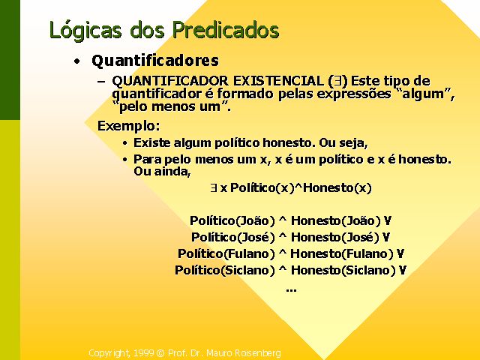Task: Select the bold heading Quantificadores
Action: pyautogui.click(x=155, y=60)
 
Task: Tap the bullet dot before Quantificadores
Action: pyautogui.click(x=76, y=61)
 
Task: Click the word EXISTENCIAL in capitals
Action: pyautogui.click(x=278, y=81)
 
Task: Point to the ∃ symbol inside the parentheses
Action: pyautogui.click(x=337, y=81)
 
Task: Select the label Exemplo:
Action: pyautogui.click(x=129, y=126)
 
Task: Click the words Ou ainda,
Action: pyautogui.click(x=162, y=171)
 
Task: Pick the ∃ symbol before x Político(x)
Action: pyautogui.click(x=214, y=187)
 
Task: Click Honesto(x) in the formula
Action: pyautogui.click(x=337, y=188)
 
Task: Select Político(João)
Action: pyautogui.click(x=232, y=220)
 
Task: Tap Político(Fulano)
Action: pyautogui.click(x=226, y=253)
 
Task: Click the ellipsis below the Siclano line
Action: pyautogui.click(x=291, y=289)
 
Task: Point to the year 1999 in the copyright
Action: pyautogui.click(x=143, y=353)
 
